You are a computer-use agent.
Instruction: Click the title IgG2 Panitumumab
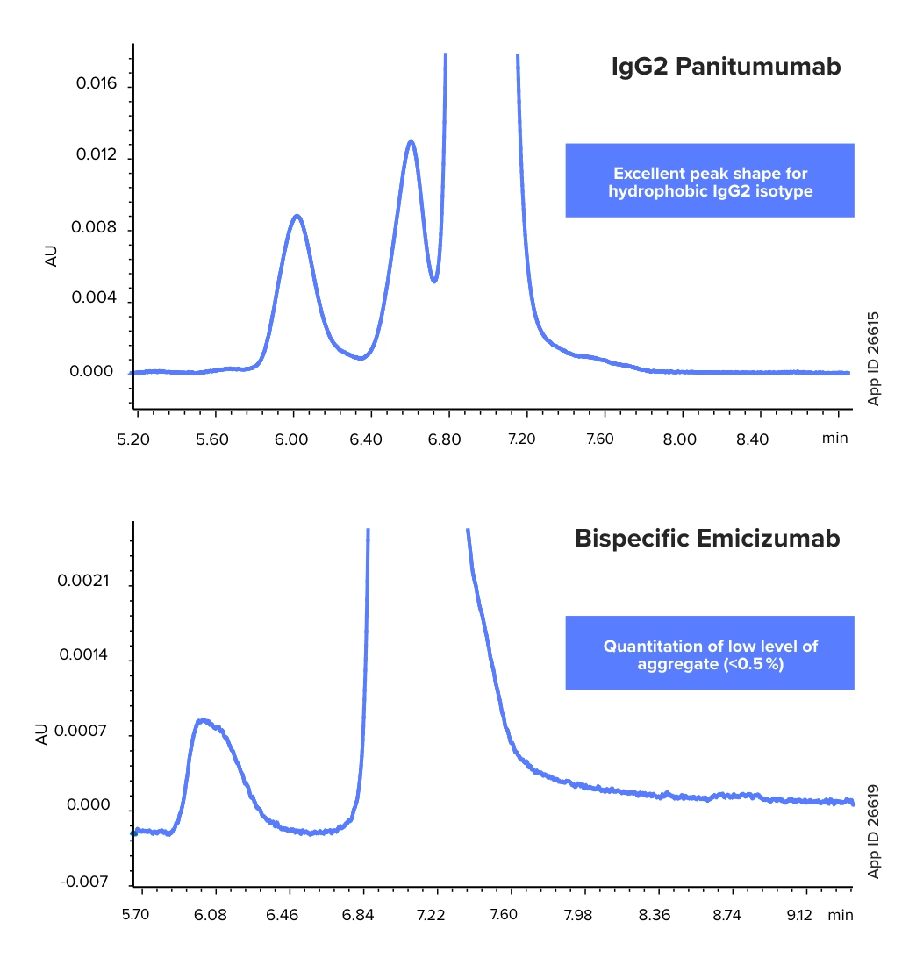click(726, 68)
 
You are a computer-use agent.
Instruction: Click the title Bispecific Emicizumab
click(707, 538)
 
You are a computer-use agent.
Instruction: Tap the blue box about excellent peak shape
click(710, 181)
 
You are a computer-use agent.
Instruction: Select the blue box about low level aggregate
click(710, 654)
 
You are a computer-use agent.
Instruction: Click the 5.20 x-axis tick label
click(133, 439)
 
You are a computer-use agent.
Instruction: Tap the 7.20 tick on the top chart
click(521, 439)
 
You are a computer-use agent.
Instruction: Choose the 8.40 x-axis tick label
click(753, 439)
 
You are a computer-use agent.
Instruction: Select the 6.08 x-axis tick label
click(210, 915)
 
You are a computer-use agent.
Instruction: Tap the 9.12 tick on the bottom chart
click(799, 915)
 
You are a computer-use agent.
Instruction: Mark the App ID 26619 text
click(874, 831)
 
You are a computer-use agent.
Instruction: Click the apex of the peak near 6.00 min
click(297, 216)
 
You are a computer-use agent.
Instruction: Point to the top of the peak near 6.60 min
click(411, 142)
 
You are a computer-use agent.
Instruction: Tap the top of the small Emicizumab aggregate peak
click(204, 720)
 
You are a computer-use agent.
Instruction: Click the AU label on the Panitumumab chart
click(51, 256)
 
